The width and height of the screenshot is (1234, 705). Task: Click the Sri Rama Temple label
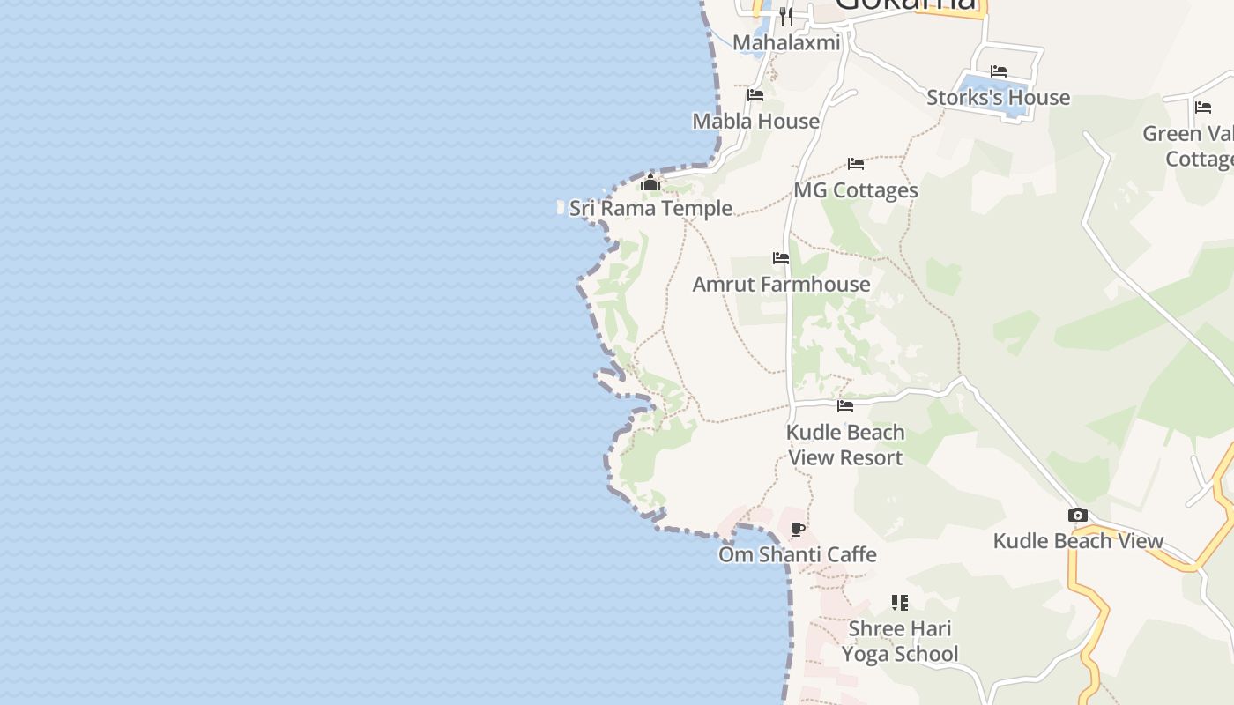pyautogui.click(x=650, y=209)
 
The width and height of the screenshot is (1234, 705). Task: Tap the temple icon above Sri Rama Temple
pyautogui.click(x=650, y=183)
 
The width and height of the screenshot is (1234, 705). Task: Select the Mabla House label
pyautogui.click(x=755, y=122)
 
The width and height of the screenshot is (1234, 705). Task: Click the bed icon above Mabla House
pyautogui.click(x=755, y=95)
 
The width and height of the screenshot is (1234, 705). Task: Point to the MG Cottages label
pyautogui.click(x=856, y=190)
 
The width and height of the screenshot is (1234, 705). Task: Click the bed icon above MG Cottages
pyautogui.click(x=855, y=164)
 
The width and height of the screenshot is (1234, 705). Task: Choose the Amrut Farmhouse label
pyautogui.click(x=781, y=285)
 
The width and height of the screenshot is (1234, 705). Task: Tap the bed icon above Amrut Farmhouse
pyautogui.click(x=781, y=258)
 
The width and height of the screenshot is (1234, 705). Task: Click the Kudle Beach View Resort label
pyautogui.click(x=845, y=445)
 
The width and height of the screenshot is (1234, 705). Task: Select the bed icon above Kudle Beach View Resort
pyautogui.click(x=845, y=406)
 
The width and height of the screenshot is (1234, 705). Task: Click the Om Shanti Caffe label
pyautogui.click(x=797, y=555)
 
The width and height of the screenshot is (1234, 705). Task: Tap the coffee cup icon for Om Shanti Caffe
pyautogui.click(x=798, y=530)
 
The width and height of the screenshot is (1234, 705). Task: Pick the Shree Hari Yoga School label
pyautogui.click(x=900, y=642)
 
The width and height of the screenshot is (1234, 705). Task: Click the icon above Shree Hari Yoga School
pyautogui.click(x=899, y=603)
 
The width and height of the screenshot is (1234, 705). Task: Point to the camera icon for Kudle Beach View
pyautogui.click(x=1077, y=516)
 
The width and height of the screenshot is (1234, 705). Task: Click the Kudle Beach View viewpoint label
pyautogui.click(x=1078, y=541)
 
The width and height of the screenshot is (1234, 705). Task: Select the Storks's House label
pyautogui.click(x=998, y=98)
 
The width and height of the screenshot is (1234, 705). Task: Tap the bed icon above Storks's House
pyautogui.click(x=999, y=71)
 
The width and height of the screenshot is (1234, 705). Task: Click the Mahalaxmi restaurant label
pyautogui.click(x=786, y=42)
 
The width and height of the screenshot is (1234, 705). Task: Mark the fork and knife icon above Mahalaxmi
pyautogui.click(x=786, y=16)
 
